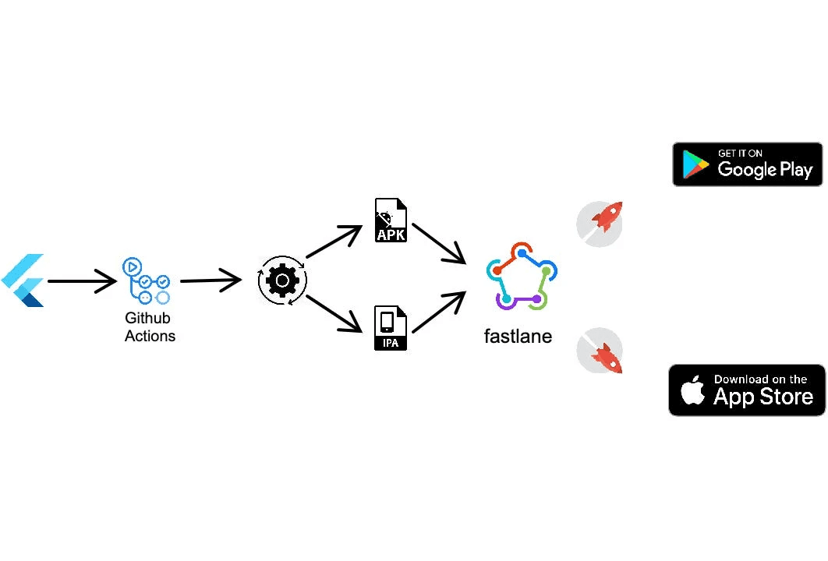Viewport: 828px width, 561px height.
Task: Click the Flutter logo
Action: coord(23,280)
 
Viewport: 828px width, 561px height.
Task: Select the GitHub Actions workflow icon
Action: coord(146,280)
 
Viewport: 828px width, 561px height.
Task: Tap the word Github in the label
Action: coord(147,319)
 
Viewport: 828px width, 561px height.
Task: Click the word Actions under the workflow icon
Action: coord(150,337)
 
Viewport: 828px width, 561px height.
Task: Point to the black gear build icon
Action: coord(282,280)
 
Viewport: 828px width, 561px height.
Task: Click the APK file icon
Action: coord(391,221)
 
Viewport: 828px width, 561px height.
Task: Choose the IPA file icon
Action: coord(391,327)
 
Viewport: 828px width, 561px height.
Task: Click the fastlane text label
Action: coord(518,337)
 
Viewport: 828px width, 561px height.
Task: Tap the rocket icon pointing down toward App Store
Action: coord(600,351)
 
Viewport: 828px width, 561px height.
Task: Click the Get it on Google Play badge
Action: coord(747,164)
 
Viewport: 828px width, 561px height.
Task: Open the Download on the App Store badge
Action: coord(746,390)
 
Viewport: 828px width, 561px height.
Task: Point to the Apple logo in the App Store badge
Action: coord(692,390)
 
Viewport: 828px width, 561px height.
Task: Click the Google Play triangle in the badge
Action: coord(695,164)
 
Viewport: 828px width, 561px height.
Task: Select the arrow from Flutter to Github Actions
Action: coord(81,280)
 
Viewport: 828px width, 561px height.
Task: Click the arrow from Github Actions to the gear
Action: coord(211,280)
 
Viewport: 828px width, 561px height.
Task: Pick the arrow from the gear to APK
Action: coord(334,242)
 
